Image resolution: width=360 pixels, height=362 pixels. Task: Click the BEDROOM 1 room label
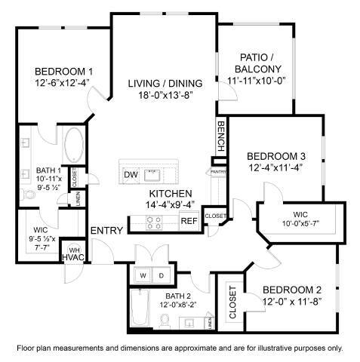coord(53,70)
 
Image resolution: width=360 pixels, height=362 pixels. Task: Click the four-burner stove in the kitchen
coord(154,222)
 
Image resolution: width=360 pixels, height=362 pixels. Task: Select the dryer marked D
coord(161,275)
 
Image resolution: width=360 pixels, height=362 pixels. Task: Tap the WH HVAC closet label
coord(74,255)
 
